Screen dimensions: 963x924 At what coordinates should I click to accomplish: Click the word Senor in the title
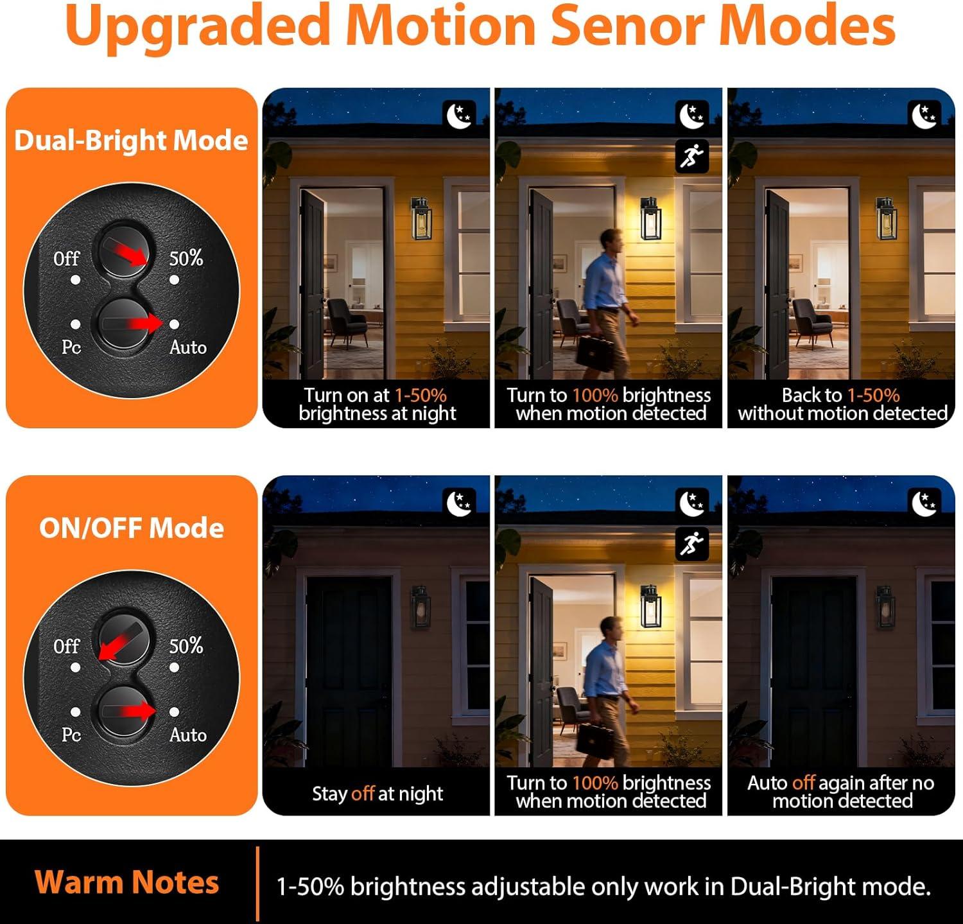625,26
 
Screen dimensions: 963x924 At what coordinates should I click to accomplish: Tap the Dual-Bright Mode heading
131,140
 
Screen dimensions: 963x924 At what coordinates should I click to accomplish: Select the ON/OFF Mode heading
132,528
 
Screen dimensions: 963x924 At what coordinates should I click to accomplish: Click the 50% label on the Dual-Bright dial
186,258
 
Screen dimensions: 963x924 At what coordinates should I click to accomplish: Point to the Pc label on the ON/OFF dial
71,734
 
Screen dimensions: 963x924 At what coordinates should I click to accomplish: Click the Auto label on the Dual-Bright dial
188,347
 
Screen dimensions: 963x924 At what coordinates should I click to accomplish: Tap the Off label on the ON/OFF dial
66,646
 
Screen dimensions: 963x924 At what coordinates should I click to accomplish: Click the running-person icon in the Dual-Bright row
692,156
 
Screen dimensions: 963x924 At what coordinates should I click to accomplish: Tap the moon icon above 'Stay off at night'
460,503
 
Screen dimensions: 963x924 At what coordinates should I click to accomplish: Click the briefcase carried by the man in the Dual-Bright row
594,351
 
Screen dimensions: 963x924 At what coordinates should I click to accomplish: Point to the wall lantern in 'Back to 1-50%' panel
887,219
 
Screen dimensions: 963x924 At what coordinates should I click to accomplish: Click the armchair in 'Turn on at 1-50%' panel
347,322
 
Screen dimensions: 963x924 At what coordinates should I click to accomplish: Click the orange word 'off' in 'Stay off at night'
363,794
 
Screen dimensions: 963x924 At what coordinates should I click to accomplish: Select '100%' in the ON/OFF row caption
595,783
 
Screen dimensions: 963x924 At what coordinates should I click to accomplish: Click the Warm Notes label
126,882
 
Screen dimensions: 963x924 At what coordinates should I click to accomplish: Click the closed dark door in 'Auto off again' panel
814,671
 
